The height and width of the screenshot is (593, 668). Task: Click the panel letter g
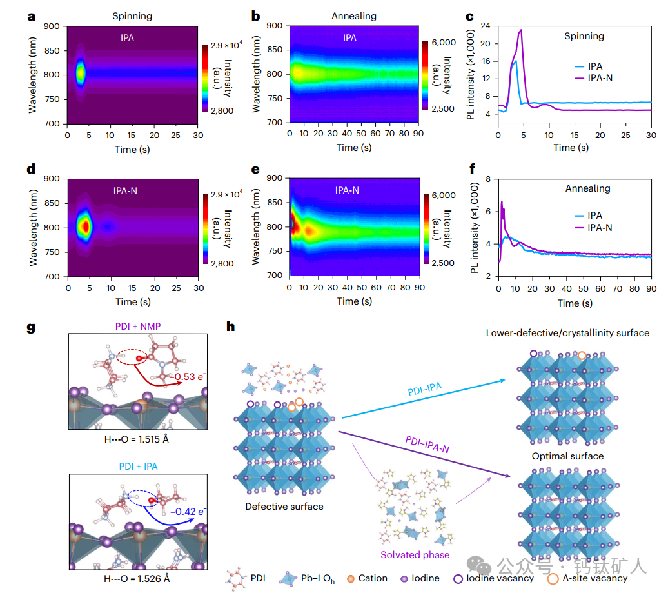point(30,327)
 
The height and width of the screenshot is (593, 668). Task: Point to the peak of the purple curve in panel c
point(520,30)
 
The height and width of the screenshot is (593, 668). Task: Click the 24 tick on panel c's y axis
point(486,26)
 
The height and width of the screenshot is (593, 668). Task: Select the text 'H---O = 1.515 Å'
point(137,440)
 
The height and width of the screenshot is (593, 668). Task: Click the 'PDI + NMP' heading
point(137,326)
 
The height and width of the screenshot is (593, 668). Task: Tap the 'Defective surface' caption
point(284,507)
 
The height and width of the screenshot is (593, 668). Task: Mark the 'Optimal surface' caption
point(567,456)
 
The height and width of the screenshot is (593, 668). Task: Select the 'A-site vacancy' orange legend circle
point(553,578)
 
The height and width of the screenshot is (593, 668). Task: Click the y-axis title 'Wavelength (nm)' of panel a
point(34,74)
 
